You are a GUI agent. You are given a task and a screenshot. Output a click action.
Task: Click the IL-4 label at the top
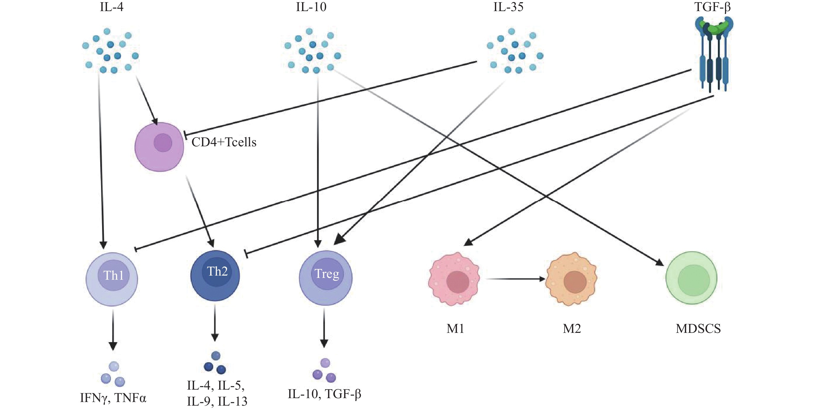click(x=112, y=7)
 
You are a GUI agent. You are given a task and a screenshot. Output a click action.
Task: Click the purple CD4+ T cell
click(x=159, y=147)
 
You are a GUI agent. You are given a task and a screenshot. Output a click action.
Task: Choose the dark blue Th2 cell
click(x=215, y=276)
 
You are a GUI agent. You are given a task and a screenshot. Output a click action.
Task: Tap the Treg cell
click(x=326, y=278)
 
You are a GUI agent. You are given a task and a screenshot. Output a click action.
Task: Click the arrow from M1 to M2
click(x=515, y=279)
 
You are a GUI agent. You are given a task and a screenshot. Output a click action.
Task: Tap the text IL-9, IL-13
click(x=217, y=401)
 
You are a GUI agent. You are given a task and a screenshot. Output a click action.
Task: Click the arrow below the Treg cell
click(x=324, y=328)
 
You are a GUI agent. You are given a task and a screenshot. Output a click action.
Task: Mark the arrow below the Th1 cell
click(x=113, y=330)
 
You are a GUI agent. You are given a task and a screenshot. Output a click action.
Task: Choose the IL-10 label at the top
click(x=311, y=7)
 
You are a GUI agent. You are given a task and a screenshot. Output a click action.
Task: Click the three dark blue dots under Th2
click(x=215, y=363)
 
